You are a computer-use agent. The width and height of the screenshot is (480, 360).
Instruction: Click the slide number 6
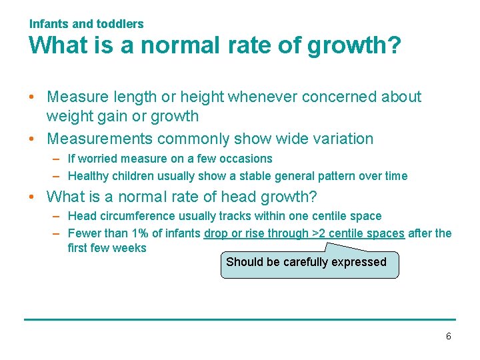448,337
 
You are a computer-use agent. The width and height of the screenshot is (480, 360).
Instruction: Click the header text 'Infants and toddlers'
87,24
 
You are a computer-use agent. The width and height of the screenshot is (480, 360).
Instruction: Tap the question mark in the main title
393,46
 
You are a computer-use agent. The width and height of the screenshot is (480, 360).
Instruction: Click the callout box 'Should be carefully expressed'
309,263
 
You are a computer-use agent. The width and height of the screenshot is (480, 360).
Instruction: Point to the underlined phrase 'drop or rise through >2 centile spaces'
304,233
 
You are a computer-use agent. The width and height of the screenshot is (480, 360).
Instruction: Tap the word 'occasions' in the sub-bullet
248,159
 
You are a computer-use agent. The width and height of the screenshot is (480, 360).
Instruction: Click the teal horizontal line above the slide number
240,319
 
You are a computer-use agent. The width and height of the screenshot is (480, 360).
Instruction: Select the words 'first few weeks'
107,248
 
